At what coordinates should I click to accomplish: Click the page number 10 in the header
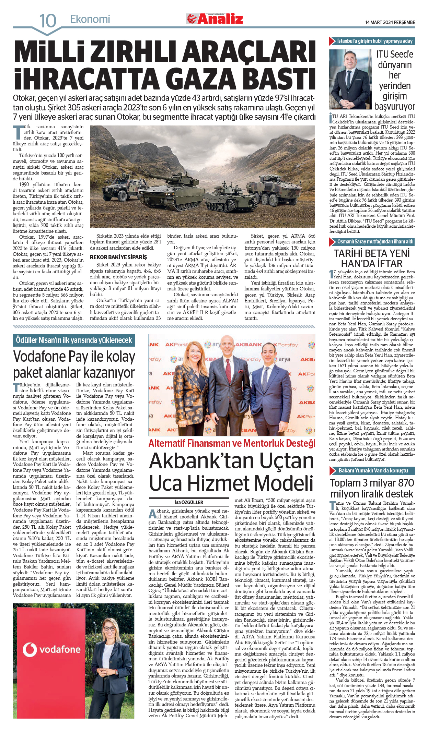[48, 20]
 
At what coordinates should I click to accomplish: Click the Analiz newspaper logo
[215, 19]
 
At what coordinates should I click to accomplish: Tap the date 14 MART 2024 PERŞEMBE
[390, 22]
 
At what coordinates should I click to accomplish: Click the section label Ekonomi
[90, 19]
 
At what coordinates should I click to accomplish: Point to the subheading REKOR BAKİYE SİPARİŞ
[118, 257]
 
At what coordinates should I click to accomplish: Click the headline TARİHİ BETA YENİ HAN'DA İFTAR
[372, 258]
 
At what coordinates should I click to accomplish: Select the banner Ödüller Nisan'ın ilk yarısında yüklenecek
[74, 340]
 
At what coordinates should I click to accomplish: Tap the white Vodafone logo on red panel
[51, 649]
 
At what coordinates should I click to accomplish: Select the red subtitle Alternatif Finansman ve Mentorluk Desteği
[232, 443]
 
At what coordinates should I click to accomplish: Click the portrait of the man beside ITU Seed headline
[350, 79]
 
